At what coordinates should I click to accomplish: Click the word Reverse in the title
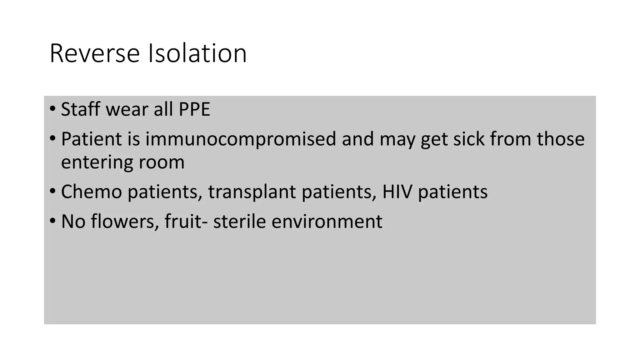pyautogui.click(x=94, y=54)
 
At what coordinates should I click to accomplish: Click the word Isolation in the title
pyautogui.click(x=197, y=54)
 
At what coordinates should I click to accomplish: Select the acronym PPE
pyautogui.click(x=194, y=109)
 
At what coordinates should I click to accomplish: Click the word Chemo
pyautogui.click(x=91, y=192)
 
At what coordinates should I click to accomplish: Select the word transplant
pyautogui.click(x=252, y=192)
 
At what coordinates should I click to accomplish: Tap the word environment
pyautogui.click(x=327, y=221)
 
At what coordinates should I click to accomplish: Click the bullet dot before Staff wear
pyautogui.click(x=52, y=109)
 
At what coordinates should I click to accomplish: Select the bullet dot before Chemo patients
pyautogui.click(x=52, y=191)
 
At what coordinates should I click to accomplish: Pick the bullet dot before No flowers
pyautogui.click(x=52, y=221)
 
